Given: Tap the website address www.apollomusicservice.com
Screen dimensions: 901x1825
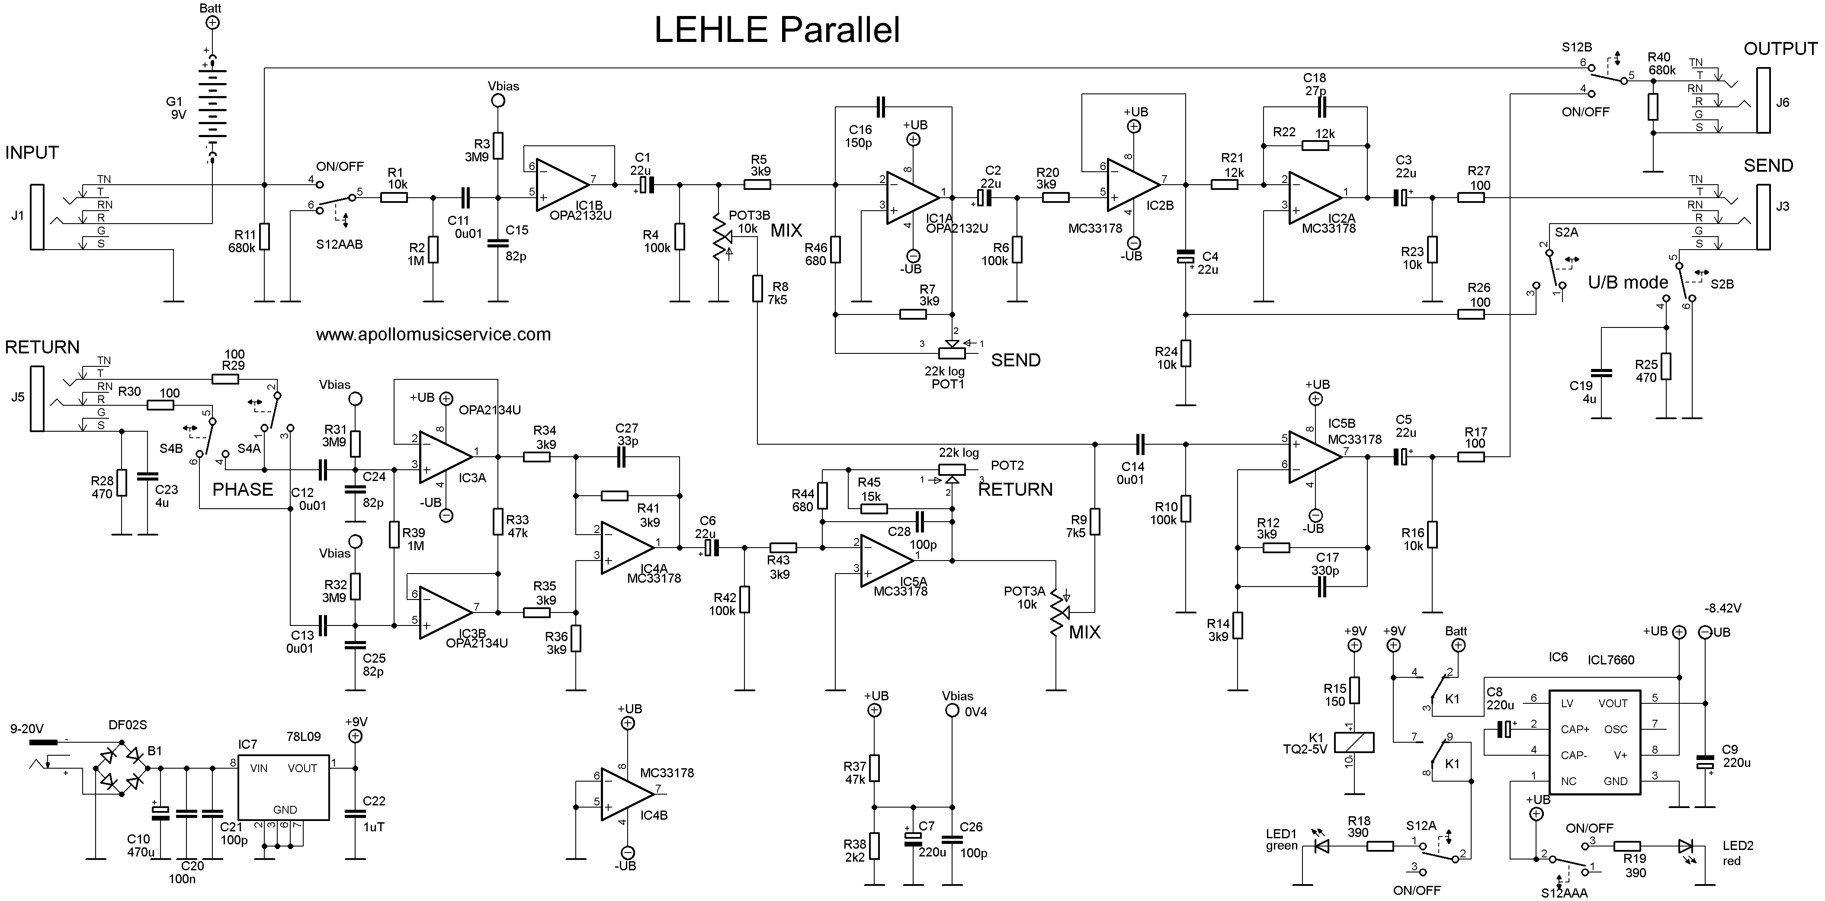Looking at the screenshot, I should pos(433,334).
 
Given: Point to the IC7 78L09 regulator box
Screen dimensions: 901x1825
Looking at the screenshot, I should pos(282,786).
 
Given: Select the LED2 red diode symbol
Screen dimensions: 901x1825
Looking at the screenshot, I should pos(1685,846).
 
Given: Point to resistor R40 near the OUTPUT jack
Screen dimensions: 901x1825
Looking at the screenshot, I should pos(1653,106).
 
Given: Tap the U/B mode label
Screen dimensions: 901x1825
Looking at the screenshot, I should pos(1628,282).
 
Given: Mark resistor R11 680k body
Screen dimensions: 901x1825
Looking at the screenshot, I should pos(264,237).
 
